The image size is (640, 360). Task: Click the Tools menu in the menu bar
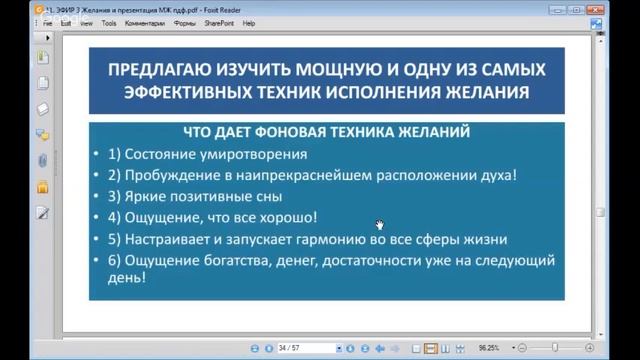(x=109, y=22)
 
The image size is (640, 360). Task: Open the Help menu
(x=249, y=22)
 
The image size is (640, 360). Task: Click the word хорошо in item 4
(x=288, y=217)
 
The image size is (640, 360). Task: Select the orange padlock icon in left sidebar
(x=42, y=186)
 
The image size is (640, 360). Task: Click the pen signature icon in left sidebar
(x=42, y=212)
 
